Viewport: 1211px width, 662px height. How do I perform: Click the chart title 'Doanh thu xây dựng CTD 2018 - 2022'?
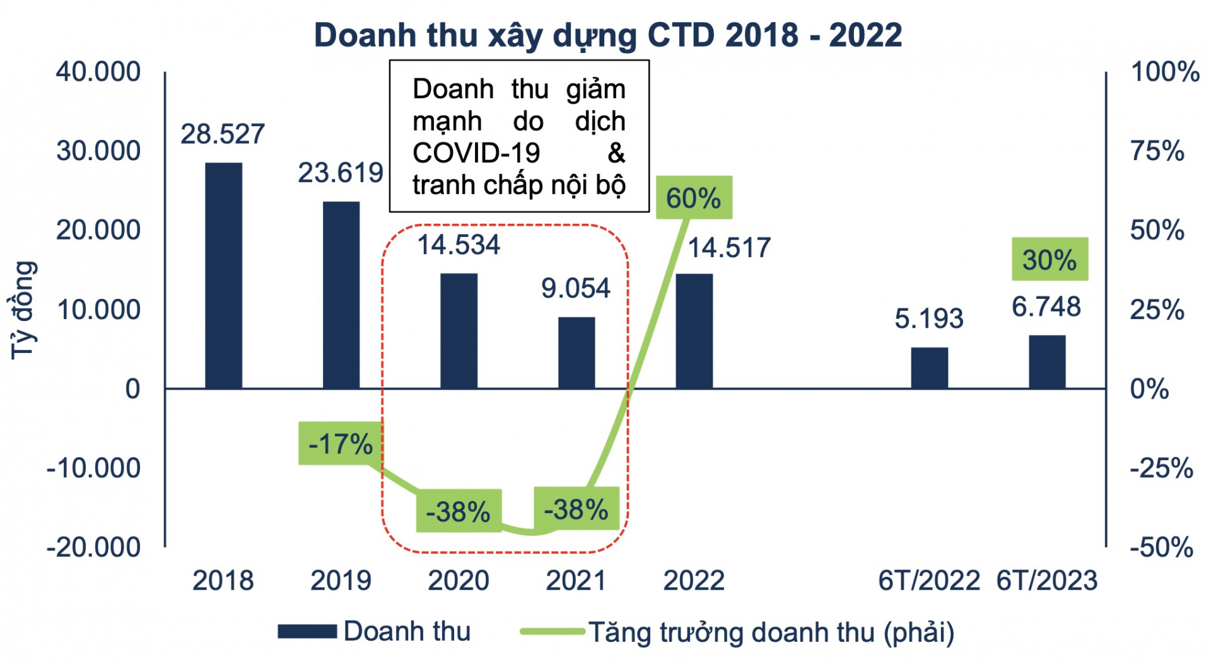[607, 35]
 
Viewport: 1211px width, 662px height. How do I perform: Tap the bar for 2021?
[576, 352]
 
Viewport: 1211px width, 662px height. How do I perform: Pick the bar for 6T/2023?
[1047, 362]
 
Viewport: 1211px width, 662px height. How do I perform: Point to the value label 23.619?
[341, 173]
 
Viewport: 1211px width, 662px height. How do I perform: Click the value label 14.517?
[729, 248]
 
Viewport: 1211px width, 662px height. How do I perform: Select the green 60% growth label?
[694, 198]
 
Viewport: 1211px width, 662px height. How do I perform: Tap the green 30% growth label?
[1050, 259]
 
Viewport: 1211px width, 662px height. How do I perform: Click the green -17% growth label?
[341, 444]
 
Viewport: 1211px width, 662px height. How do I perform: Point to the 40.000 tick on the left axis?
[98, 72]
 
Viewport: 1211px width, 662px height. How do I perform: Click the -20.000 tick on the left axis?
[94, 547]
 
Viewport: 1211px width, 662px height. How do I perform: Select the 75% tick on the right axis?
[1157, 151]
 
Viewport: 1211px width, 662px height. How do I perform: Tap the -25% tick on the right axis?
[1161, 468]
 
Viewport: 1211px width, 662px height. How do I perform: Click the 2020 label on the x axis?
[459, 581]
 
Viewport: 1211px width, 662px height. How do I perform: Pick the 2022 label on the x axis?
[694, 581]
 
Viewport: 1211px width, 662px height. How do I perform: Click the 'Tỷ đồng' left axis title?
[24, 310]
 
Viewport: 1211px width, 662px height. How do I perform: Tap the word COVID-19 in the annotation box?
[476, 153]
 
